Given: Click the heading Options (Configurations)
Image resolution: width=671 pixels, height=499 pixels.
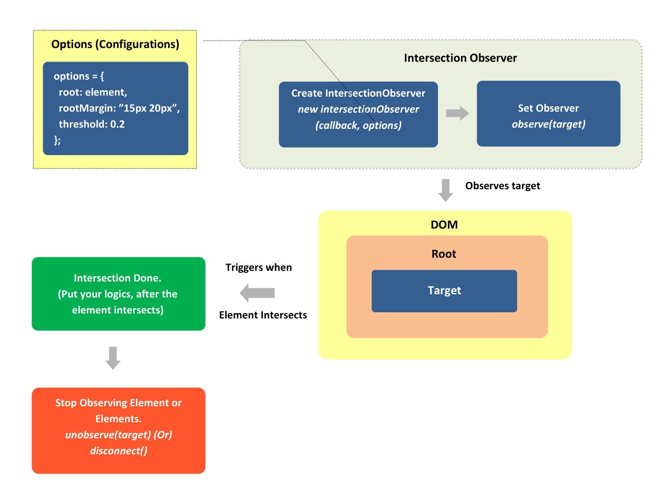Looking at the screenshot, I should (115, 44).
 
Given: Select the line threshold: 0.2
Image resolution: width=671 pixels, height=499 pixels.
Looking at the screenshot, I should (91, 124).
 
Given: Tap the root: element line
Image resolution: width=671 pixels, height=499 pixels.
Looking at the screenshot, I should (93, 92).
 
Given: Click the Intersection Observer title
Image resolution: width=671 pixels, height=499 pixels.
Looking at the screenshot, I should (460, 58).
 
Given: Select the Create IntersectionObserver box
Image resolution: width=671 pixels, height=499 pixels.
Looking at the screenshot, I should (358, 114).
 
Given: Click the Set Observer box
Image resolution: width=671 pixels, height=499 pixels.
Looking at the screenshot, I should (548, 114).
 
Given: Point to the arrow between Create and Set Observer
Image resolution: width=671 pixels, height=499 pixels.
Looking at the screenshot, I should (457, 113).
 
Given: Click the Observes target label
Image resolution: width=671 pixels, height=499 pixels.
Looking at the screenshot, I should (502, 186).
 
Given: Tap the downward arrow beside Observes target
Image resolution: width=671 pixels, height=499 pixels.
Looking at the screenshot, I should (445, 190).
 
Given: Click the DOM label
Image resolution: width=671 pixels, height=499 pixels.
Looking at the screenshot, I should (444, 225).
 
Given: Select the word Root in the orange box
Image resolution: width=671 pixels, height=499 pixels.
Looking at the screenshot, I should (443, 254).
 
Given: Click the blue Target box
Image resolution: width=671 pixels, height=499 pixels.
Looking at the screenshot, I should (444, 291).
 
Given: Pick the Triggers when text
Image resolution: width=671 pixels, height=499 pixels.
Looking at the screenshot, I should (258, 268).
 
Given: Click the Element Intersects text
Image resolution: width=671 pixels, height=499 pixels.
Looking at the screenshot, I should (262, 315).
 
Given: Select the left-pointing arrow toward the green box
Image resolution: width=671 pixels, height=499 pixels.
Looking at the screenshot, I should (257, 293).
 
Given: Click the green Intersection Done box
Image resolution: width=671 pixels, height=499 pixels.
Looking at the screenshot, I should (118, 294).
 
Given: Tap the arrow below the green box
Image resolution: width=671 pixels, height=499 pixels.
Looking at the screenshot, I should (113, 358).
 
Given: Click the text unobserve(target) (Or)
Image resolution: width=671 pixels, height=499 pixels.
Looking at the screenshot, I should (119, 435).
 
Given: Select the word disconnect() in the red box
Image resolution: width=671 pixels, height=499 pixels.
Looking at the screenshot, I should (119, 451).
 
